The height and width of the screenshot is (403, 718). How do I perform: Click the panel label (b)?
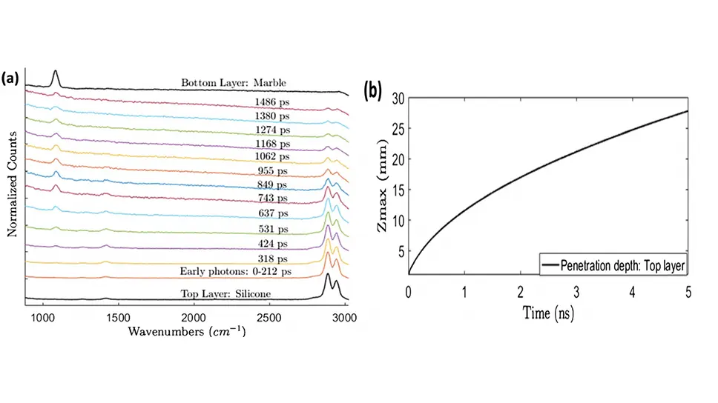pos(371,91)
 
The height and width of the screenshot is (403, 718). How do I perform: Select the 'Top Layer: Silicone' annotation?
pos(225,293)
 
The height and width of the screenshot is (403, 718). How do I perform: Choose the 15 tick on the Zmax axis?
pos(398,190)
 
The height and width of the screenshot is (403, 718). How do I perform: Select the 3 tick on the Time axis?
pos(576,291)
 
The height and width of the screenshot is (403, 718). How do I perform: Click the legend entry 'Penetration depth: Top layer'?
pos(616,262)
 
